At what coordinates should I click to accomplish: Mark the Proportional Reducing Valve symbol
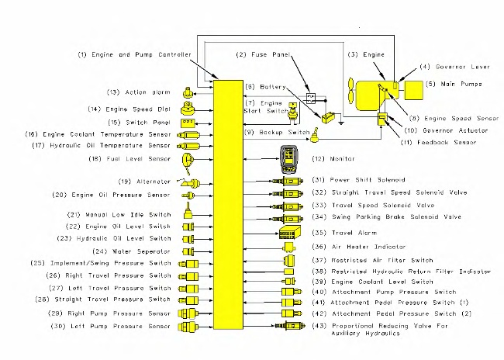coord(288,327)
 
